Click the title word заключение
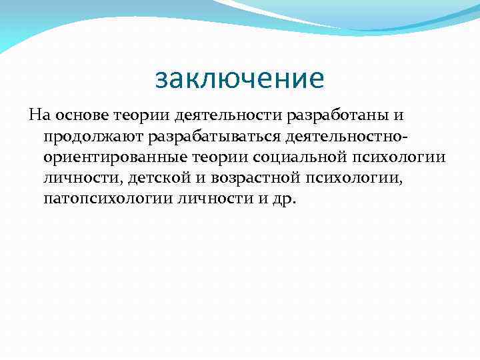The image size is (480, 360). tap(239, 79)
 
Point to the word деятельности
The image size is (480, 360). tap(206, 115)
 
